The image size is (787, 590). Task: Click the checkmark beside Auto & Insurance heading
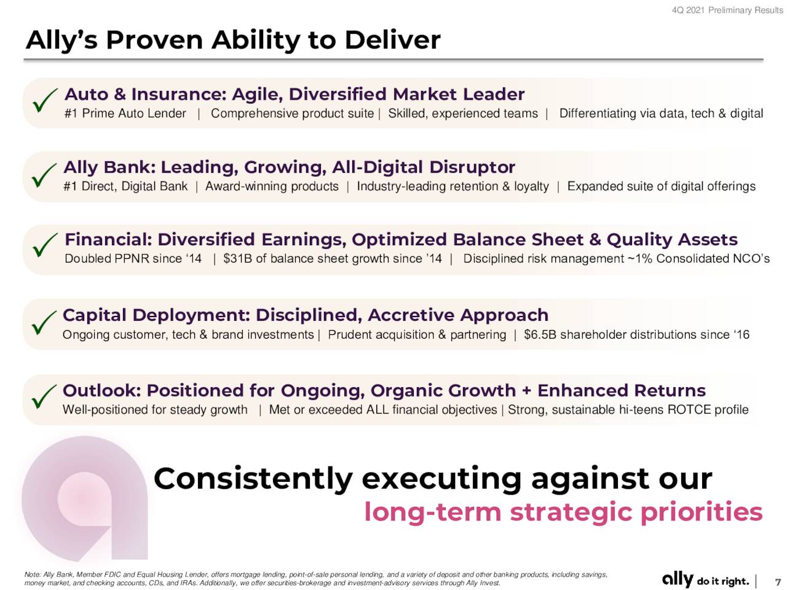(x=44, y=100)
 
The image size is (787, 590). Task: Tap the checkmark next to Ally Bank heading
(x=43, y=176)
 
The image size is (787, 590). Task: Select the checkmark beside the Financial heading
(x=44, y=245)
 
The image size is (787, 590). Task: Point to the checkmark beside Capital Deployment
(x=43, y=322)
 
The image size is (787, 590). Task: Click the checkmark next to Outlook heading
(x=43, y=396)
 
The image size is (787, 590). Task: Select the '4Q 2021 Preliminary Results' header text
(x=727, y=10)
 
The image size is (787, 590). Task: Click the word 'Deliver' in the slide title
(x=392, y=40)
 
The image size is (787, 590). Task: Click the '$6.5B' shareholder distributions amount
(x=540, y=334)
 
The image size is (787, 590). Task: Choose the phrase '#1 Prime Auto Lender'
(x=125, y=113)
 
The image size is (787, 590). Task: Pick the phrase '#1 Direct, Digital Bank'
(x=125, y=186)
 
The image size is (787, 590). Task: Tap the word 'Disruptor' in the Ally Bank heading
(x=472, y=167)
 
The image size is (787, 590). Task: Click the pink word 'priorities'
(x=702, y=513)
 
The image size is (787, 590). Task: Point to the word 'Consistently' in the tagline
(x=253, y=479)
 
